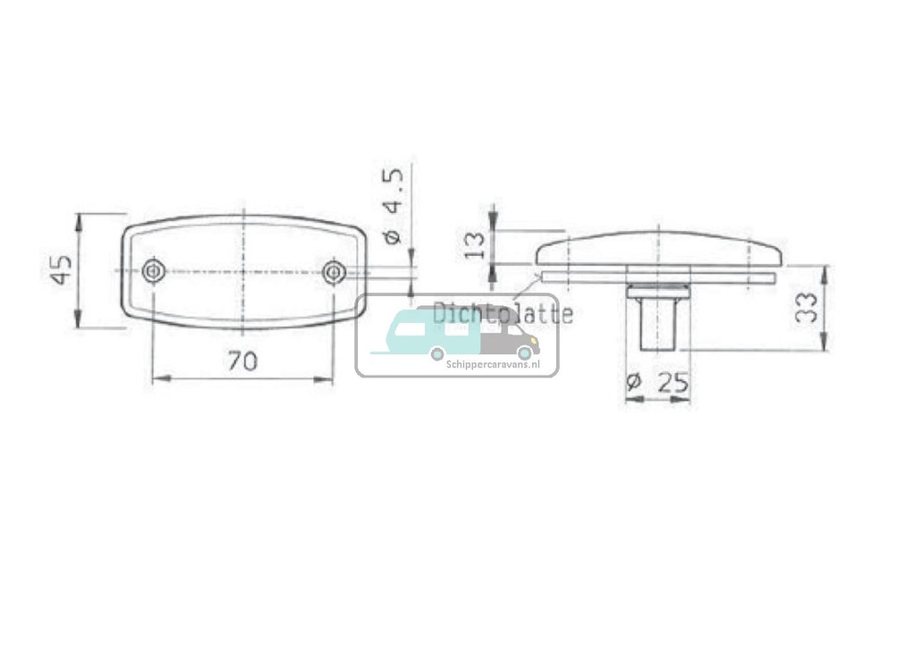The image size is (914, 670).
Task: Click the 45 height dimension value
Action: tap(61, 269)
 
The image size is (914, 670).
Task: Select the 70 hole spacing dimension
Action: tap(242, 361)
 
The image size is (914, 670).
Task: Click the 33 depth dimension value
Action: tap(805, 308)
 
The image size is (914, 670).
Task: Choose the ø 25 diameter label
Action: tap(660, 383)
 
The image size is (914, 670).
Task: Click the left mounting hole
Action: tap(154, 270)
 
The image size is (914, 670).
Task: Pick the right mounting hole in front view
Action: tap(334, 271)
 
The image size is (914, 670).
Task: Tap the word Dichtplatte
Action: tap(502, 313)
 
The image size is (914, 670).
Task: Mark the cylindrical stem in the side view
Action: tap(658, 325)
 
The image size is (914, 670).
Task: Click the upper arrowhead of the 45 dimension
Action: tap(79, 219)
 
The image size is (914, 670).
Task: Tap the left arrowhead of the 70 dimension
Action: tap(158, 379)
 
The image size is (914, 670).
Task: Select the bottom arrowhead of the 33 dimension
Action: tap(825, 343)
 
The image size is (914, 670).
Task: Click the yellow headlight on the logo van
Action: tap(536, 341)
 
